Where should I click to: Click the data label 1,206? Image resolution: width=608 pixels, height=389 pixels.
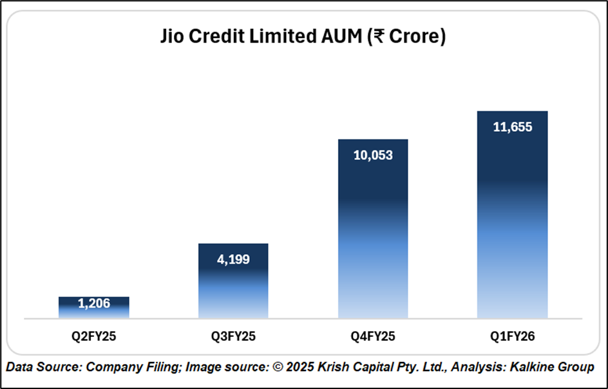coord(94,303)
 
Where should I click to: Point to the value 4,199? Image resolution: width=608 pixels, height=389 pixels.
coord(233,260)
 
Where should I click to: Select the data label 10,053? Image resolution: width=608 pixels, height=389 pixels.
coord(372,155)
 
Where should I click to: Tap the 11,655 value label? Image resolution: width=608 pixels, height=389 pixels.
coord(512,127)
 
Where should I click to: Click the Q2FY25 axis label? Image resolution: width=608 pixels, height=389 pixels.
coord(94,336)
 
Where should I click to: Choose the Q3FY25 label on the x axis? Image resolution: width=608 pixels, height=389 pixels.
coord(233,336)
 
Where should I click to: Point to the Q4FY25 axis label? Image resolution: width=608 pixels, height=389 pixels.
coord(372,336)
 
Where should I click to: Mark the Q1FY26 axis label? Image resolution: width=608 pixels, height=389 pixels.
coord(512,336)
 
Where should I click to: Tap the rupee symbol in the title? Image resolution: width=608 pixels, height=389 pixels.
coord(377,38)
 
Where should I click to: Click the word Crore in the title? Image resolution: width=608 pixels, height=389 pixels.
coord(414,37)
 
